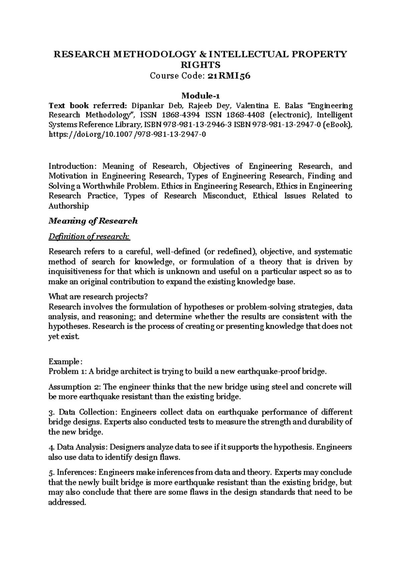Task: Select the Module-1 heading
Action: pyautogui.click(x=200, y=96)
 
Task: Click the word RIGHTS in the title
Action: pyautogui.click(x=200, y=65)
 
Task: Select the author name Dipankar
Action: pyautogui.click(x=146, y=106)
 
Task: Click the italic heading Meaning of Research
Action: pyautogui.click(x=93, y=221)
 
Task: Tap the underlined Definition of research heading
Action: pyautogui.click(x=89, y=237)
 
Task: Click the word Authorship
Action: pyautogui.click(x=69, y=206)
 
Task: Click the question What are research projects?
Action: pyautogui.click(x=98, y=297)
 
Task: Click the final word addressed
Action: pyautogui.click(x=67, y=502)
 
